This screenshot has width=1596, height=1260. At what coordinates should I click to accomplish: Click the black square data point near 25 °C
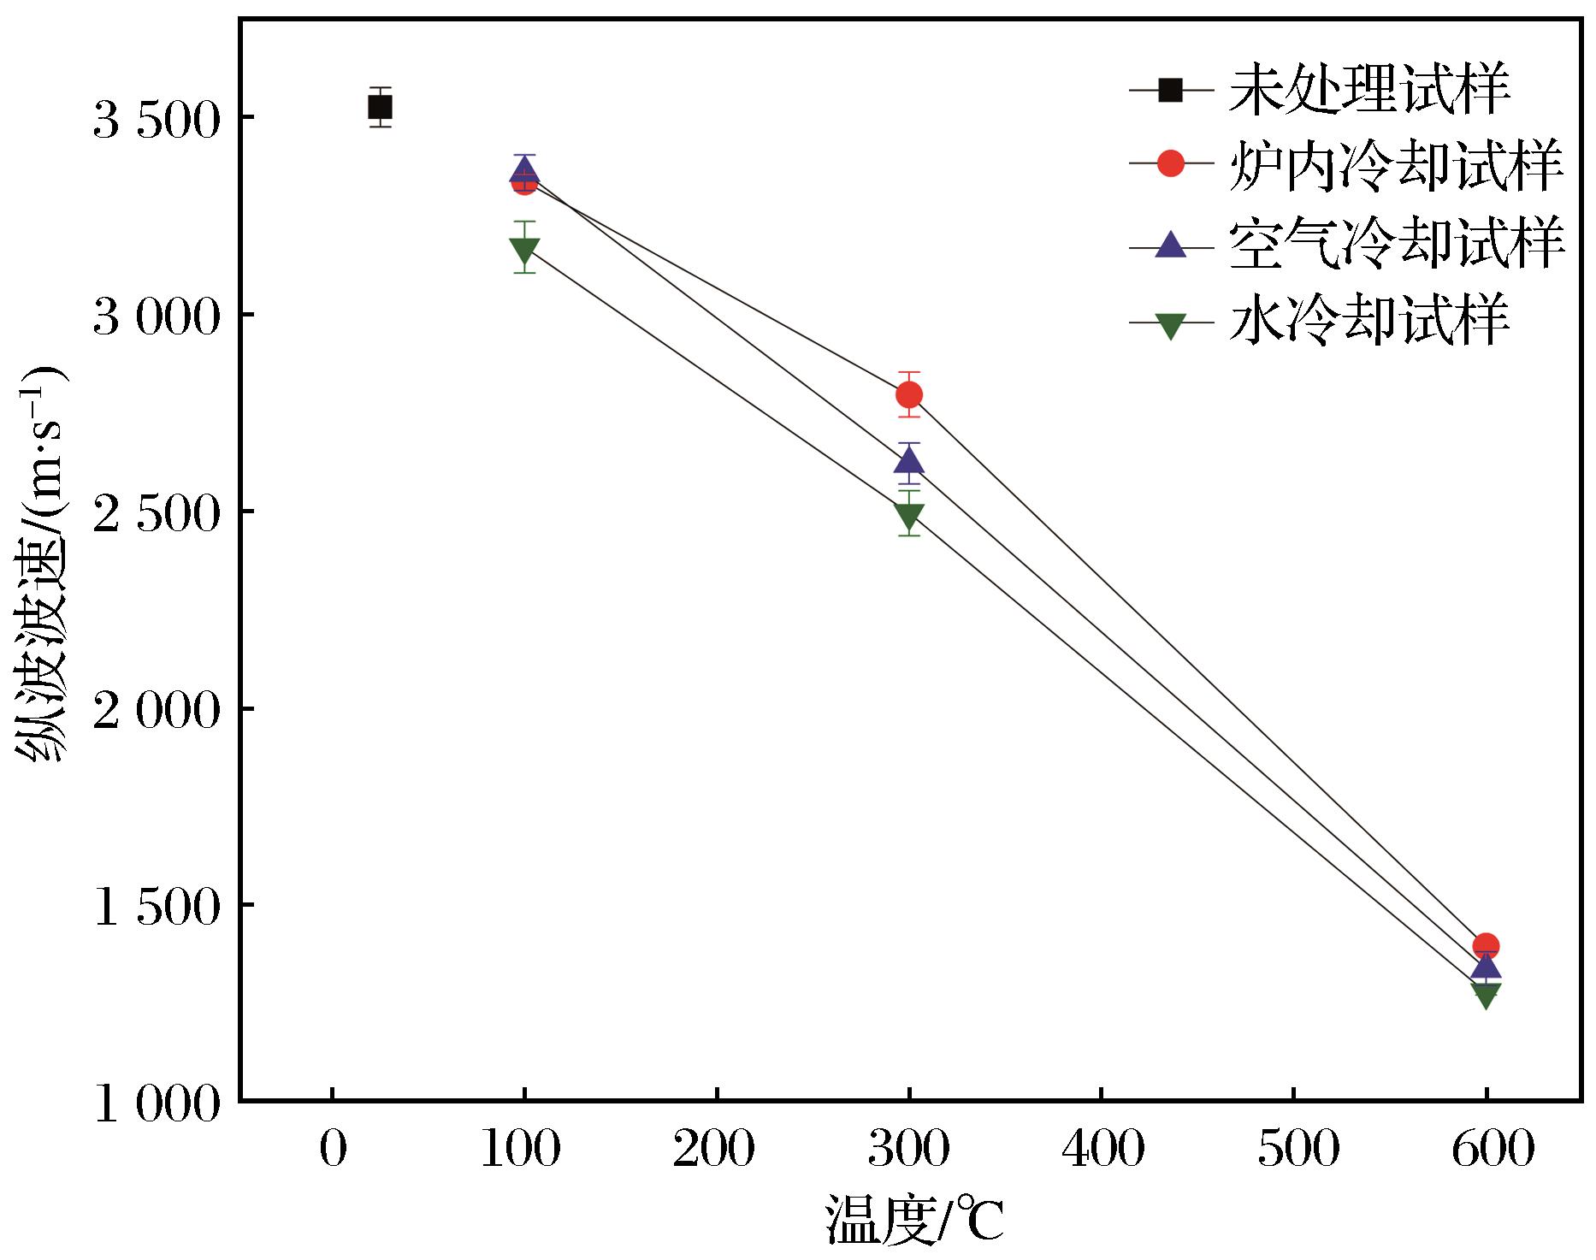[380, 108]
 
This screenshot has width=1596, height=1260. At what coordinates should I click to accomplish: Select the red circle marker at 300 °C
[908, 394]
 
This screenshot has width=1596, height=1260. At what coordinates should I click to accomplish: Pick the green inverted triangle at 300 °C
[908, 515]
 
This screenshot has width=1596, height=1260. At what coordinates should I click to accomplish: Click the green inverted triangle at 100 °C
[524, 250]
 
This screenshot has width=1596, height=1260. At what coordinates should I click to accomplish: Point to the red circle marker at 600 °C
[1486, 946]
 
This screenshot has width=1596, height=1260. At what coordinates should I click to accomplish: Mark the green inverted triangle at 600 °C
[1486, 994]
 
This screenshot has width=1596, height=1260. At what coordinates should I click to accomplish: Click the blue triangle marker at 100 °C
[524, 170]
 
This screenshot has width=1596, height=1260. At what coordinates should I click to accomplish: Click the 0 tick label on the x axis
[332, 1151]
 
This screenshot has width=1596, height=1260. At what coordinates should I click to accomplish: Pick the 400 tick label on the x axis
[1102, 1151]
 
